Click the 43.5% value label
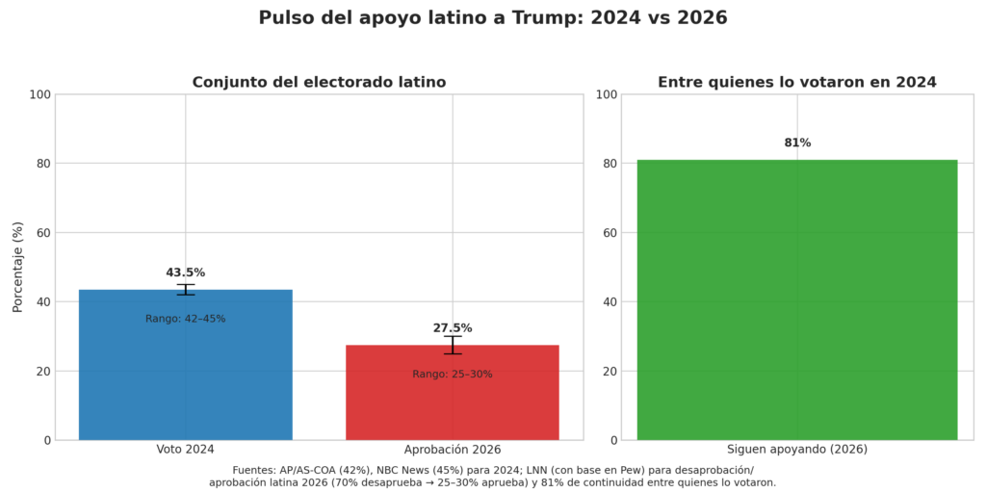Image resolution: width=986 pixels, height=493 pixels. tap(185, 272)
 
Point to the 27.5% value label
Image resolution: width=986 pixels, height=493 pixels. tap(452, 328)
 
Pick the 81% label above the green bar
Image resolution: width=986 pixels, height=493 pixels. tap(797, 143)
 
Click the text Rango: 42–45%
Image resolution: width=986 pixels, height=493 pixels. tap(185, 319)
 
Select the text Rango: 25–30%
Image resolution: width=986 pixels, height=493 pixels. tap(452, 375)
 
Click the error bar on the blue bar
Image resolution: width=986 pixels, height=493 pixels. tap(185, 289)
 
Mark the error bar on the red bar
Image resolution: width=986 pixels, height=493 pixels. tap(452, 345)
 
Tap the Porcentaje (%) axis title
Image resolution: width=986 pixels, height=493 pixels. tap(17, 267)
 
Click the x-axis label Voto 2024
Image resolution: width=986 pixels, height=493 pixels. tap(185, 450)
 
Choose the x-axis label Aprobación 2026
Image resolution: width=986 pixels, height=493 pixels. tap(452, 450)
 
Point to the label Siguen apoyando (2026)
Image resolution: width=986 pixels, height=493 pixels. tap(797, 450)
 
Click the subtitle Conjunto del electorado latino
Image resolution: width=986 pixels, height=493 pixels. tap(319, 83)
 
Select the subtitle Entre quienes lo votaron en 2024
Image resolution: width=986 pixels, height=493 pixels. tap(797, 83)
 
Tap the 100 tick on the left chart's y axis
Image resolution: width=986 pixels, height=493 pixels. tap(39, 94)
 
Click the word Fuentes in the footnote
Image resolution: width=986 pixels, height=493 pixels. tap(253, 470)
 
